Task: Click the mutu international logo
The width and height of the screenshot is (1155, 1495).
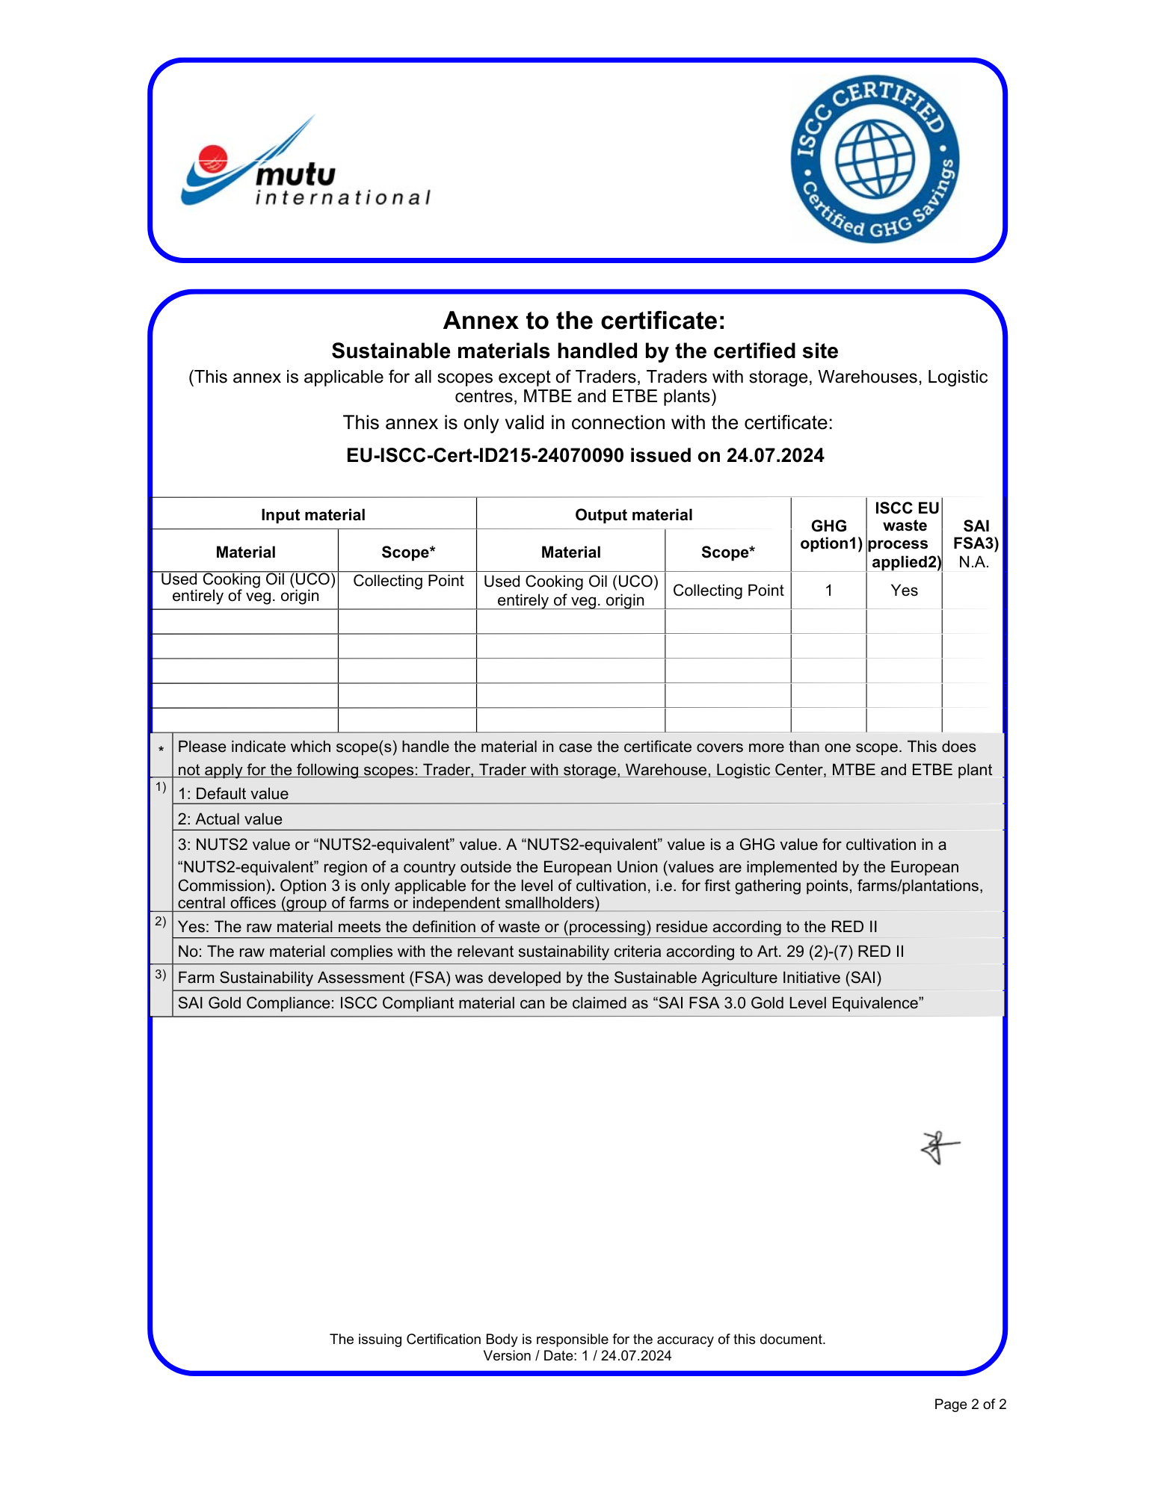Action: coord(305,166)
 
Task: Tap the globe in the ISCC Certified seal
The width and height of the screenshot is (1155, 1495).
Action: coord(875,158)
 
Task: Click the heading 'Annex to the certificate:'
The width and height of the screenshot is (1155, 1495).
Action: coord(584,321)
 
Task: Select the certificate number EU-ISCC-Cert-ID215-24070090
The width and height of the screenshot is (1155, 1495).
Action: coord(484,456)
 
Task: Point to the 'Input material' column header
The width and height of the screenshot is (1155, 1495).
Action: coord(312,515)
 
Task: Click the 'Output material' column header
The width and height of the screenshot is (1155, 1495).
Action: coord(633,515)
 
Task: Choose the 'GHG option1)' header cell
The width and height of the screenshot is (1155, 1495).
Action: coord(829,534)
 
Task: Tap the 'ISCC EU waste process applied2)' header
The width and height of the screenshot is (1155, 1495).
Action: coord(905,534)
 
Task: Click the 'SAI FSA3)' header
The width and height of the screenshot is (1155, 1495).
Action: coord(976,534)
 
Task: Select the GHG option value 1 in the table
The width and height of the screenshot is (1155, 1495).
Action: coord(829,591)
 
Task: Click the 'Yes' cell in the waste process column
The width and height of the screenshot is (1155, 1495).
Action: coord(904,591)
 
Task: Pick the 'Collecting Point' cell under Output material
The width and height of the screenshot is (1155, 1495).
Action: coord(728,591)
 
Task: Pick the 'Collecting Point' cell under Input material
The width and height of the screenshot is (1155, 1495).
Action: coord(408,582)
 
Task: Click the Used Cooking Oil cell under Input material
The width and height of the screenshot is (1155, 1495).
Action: coord(246,588)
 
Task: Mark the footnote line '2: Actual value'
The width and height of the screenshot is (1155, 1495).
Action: coord(230,819)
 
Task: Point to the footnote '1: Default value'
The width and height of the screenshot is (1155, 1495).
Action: coord(233,794)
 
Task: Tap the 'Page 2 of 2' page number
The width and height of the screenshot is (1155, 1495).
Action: coord(970,1405)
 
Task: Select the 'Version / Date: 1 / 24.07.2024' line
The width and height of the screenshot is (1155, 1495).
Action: coord(577,1356)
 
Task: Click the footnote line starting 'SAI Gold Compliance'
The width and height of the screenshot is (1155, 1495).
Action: coord(550,1003)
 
